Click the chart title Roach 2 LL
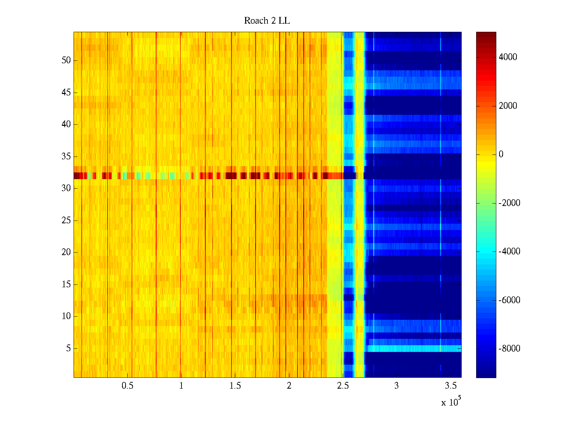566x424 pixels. tap(267, 21)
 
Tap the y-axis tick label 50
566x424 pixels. tap(66, 60)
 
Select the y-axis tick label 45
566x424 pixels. tap(66, 93)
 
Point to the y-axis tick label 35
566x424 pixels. tap(66, 157)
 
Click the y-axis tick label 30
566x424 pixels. tap(66, 188)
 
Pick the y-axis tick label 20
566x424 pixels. tap(66, 252)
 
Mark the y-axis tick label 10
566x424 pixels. tap(66, 316)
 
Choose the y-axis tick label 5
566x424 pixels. tap(68, 348)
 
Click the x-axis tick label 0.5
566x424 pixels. tap(127, 386)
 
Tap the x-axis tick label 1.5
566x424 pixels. tap(235, 386)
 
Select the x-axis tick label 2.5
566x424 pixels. tap(343, 386)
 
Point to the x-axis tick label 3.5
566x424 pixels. tap(450, 386)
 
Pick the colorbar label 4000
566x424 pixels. tap(508, 57)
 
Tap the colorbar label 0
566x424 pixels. tap(501, 154)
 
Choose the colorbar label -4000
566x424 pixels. tap(509, 252)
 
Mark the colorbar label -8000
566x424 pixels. tap(509, 349)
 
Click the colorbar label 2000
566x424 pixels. tap(508, 106)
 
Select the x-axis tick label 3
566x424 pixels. tap(397, 386)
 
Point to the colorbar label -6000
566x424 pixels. tap(509, 300)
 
